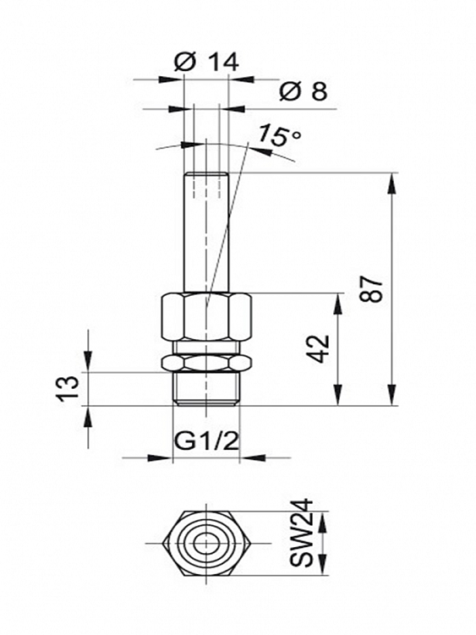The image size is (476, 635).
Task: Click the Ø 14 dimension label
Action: coord(206,62)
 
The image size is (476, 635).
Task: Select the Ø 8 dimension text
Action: coord(303,91)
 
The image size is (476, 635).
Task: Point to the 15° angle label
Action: coord(280,135)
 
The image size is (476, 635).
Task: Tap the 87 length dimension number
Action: coord(371,289)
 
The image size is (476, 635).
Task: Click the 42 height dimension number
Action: coord(317,349)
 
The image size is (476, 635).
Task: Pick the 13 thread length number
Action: coord(67,389)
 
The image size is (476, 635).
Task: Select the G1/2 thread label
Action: coord(205,443)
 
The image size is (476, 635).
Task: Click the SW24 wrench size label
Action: coord(302,533)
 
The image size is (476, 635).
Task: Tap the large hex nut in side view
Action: coord(206,317)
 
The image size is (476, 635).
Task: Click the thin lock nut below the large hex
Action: coord(206,362)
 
